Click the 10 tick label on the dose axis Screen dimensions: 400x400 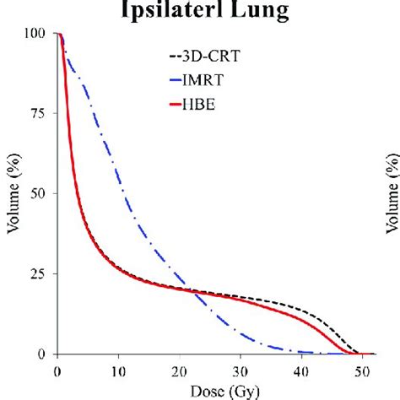point(118,370)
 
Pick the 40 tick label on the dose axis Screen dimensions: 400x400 point(302,370)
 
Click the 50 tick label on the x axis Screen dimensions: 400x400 point(363,370)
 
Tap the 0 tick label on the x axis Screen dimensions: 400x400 point(57,370)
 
